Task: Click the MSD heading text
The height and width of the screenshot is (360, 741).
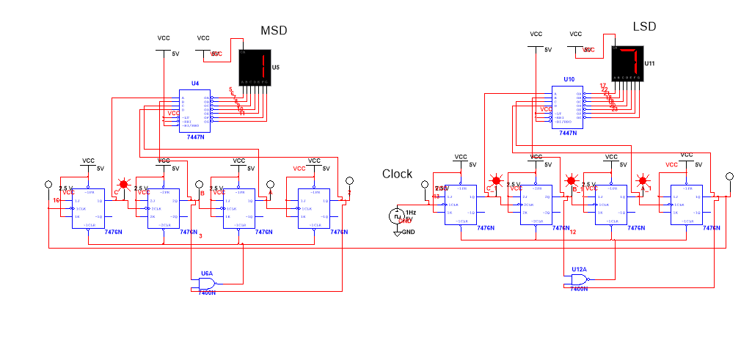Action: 274,30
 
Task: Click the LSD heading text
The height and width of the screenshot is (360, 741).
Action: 644,27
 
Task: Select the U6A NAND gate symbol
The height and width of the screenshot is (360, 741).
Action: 208,283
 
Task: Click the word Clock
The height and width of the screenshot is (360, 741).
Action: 397,174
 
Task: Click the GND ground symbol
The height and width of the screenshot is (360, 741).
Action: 398,232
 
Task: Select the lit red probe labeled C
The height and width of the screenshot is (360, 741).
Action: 123,184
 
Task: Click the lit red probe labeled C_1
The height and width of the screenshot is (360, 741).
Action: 496,180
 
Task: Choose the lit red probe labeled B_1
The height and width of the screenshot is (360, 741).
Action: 571,180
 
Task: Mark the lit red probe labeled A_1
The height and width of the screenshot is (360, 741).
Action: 643,180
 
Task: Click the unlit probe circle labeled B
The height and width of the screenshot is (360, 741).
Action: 198,184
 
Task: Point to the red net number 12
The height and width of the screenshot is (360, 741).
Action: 573,232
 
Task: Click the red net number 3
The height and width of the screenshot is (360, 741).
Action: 200,235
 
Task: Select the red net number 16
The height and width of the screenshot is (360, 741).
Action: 56,200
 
